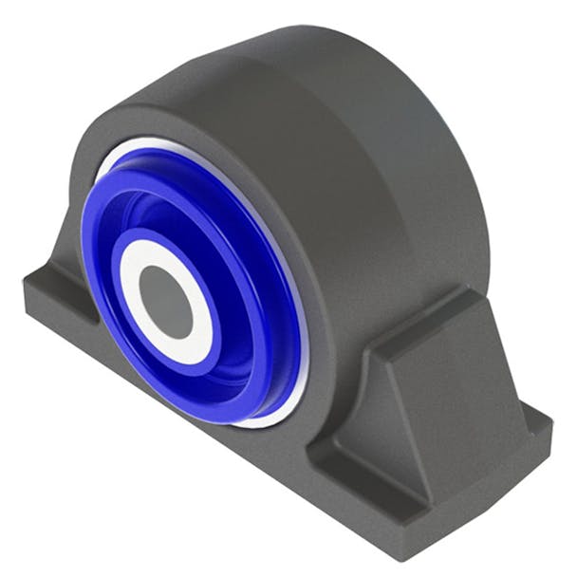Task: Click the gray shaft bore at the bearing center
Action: tap(167, 301)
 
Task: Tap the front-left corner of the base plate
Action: tap(28, 281)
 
